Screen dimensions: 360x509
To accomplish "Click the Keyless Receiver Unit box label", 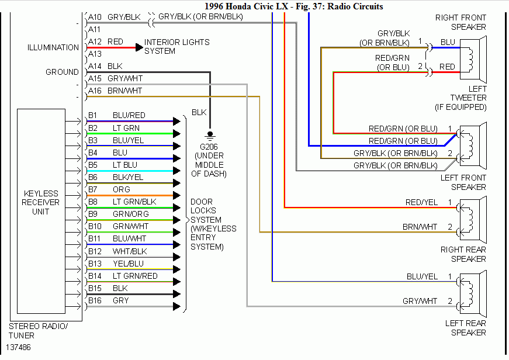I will (41, 202).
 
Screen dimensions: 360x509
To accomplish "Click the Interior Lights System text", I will (176, 47).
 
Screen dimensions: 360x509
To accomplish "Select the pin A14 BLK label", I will (105, 66).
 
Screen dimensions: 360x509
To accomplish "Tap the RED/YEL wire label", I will (421, 202).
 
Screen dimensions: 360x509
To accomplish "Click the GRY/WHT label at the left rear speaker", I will (420, 301).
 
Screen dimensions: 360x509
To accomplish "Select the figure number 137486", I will (20, 347).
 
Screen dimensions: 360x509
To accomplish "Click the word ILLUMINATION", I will (53, 47).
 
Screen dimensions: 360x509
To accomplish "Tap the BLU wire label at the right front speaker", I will (448, 42).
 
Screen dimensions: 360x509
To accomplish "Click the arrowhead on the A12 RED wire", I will (139, 47).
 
